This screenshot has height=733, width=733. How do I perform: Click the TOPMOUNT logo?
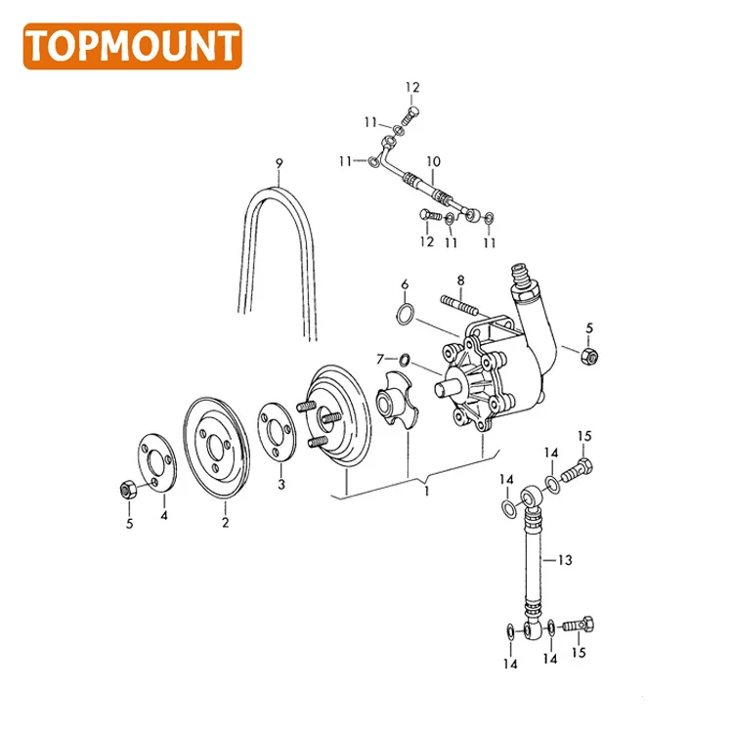pyautogui.click(x=132, y=46)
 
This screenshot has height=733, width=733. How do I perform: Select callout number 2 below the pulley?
pyautogui.click(x=225, y=524)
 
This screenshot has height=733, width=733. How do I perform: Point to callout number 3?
pyautogui.click(x=281, y=484)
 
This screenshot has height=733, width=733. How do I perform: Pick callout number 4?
pyautogui.click(x=164, y=514)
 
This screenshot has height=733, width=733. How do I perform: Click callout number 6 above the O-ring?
pyautogui.click(x=404, y=284)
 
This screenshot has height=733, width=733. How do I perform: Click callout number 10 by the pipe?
pyautogui.click(x=433, y=160)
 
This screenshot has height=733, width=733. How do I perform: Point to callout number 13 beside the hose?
pyautogui.click(x=564, y=560)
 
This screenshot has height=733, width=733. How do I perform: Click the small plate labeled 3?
pyautogui.click(x=277, y=431)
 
